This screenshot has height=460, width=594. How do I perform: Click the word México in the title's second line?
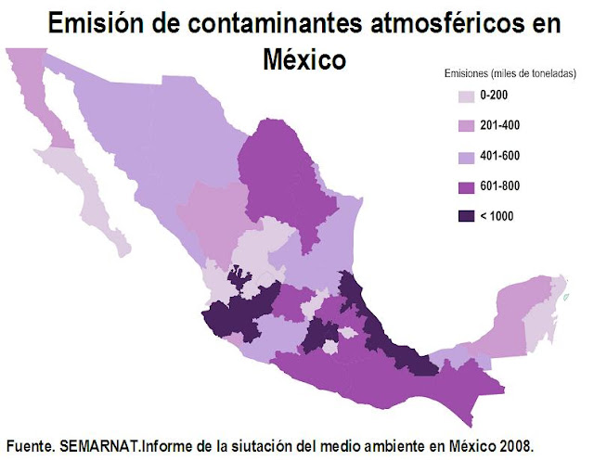[303, 58]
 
